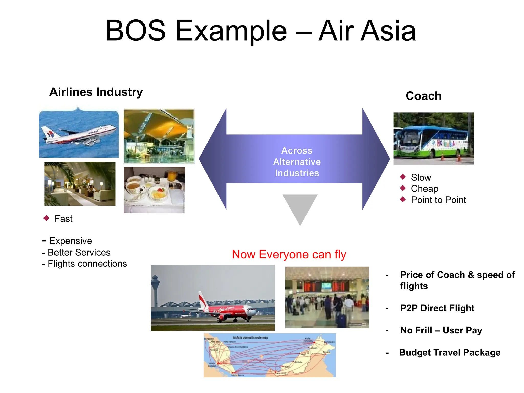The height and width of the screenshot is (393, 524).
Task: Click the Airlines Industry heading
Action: tap(96, 92)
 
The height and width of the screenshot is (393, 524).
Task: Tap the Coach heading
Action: tap(423, 96)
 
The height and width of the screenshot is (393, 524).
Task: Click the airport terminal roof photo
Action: tap(159, 136)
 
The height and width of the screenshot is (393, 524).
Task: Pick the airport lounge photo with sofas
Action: tap(80, 184)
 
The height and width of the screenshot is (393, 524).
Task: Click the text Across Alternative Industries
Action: tap(297, 162)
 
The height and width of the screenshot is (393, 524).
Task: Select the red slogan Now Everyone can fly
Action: tap(289, 255)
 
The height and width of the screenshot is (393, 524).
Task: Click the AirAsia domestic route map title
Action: tap(250, 338)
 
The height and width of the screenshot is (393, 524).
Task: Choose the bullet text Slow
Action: tap(421, 178)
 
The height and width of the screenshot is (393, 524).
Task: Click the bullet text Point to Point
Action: tap(438, 200)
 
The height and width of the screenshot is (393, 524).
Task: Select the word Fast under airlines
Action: tap(63, 219)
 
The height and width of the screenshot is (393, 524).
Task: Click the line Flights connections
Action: tap(87, 264)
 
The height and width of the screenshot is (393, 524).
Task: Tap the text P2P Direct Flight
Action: tap(437, 308)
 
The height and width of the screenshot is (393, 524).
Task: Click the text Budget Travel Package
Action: tap(450, 353)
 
